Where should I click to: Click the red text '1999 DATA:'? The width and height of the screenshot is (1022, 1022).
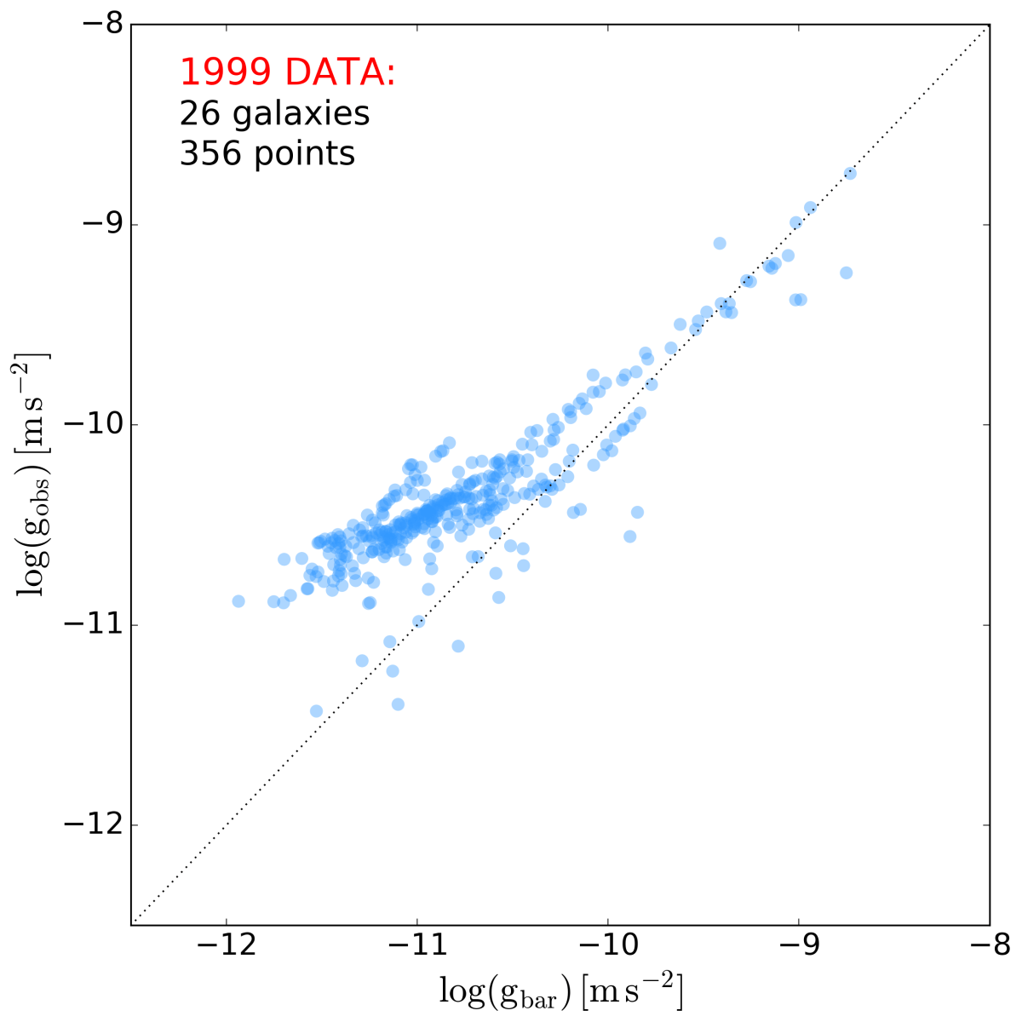288,73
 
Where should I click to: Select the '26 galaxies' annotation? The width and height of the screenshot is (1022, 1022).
274,113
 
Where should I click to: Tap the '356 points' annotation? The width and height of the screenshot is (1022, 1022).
267,153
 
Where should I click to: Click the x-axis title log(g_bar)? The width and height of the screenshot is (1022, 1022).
561,992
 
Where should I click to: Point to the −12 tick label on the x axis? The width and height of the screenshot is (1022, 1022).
226,946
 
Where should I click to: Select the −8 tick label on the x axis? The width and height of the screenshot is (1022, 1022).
989,946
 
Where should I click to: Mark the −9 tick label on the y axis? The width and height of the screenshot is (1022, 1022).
100,225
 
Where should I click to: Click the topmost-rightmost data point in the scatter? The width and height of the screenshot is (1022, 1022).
849,174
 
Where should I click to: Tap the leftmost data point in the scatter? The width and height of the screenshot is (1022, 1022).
238,601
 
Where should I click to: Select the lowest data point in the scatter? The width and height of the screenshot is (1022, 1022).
316,711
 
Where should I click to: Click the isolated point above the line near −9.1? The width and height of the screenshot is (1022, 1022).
720,244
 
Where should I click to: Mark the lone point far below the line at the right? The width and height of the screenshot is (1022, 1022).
846,273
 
